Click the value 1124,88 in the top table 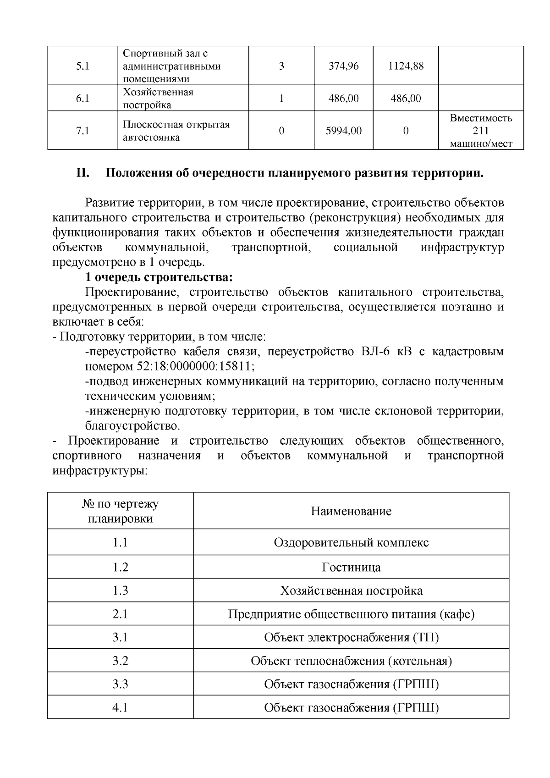pos(405,66)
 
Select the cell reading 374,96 pos(343,66)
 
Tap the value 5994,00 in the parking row pos(343,131)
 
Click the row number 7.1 pos(82,131)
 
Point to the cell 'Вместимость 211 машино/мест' pos(480,131)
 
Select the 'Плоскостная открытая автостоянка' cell pos(176,131)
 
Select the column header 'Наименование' pos(351,511)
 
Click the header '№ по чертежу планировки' pos(120,511)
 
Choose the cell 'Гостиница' pos(351,568)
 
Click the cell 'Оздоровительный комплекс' pos(351,543)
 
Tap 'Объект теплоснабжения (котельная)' pos(351,661)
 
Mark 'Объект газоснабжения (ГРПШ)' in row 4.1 pos(351,708)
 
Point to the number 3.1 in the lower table pos(120,638)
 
